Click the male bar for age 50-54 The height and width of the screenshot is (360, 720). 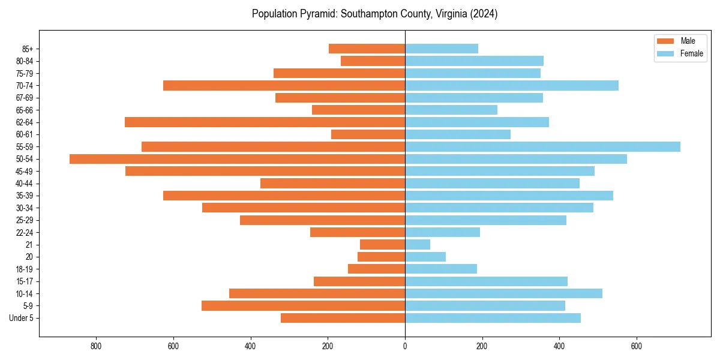(237, 159)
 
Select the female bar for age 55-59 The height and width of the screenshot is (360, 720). (542, 146)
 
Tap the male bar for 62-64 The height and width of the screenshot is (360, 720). (265, 122)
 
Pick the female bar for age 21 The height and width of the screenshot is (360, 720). (418, 244)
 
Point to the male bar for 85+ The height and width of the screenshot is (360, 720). (367, 49)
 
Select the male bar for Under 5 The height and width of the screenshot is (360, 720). (343, 318)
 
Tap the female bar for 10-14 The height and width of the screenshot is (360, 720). (503, 293)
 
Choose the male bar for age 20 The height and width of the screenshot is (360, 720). (381, 257)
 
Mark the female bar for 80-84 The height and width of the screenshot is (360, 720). (474, 61)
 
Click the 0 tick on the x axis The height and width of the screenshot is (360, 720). (405, 346)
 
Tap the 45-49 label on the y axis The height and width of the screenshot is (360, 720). (25, 171)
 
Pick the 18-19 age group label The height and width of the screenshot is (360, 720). (25, 269)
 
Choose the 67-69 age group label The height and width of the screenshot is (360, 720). (25, 98)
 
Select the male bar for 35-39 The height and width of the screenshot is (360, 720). (284, 196)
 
